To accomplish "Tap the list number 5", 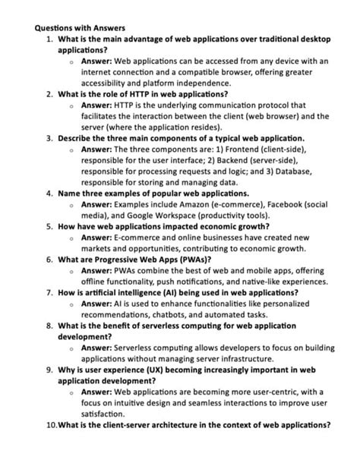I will (49, 226).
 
